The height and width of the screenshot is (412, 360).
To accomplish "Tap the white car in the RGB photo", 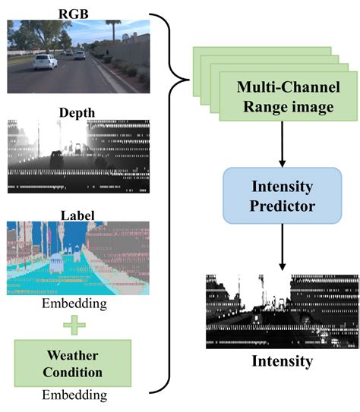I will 45,61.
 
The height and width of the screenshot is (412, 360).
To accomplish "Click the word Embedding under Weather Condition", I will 73,395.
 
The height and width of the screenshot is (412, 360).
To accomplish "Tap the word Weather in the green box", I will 73,354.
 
